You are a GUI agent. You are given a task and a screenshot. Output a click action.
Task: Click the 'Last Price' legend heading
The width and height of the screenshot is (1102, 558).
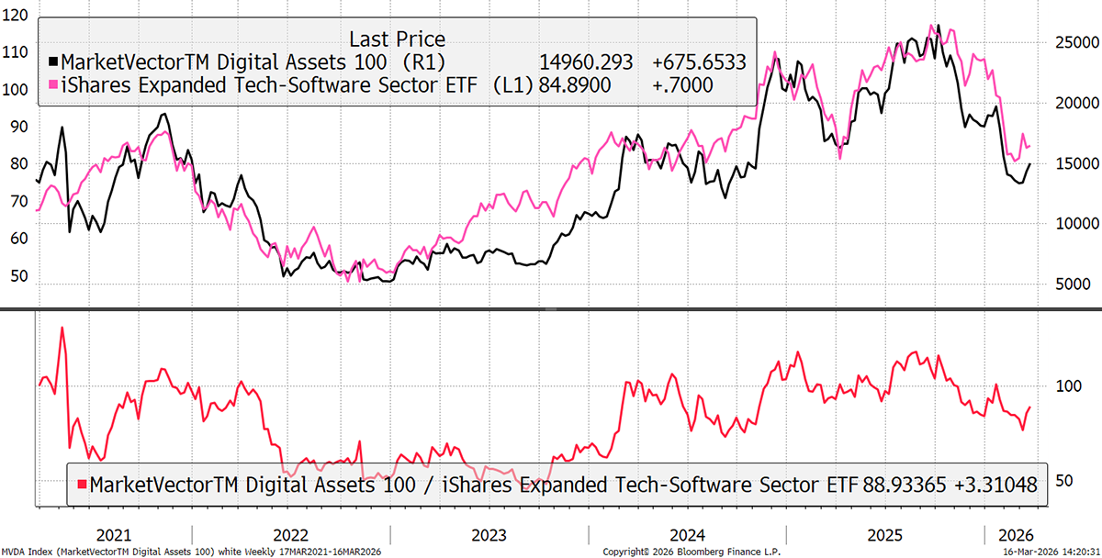pyautogui.click(x=397, y=39)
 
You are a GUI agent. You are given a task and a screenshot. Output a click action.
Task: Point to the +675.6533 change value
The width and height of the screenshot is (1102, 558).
pyautogui.click(x=698, y=62)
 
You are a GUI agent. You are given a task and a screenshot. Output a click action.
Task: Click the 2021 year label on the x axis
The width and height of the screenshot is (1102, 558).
pyautogui.click(x=113, y=535)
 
